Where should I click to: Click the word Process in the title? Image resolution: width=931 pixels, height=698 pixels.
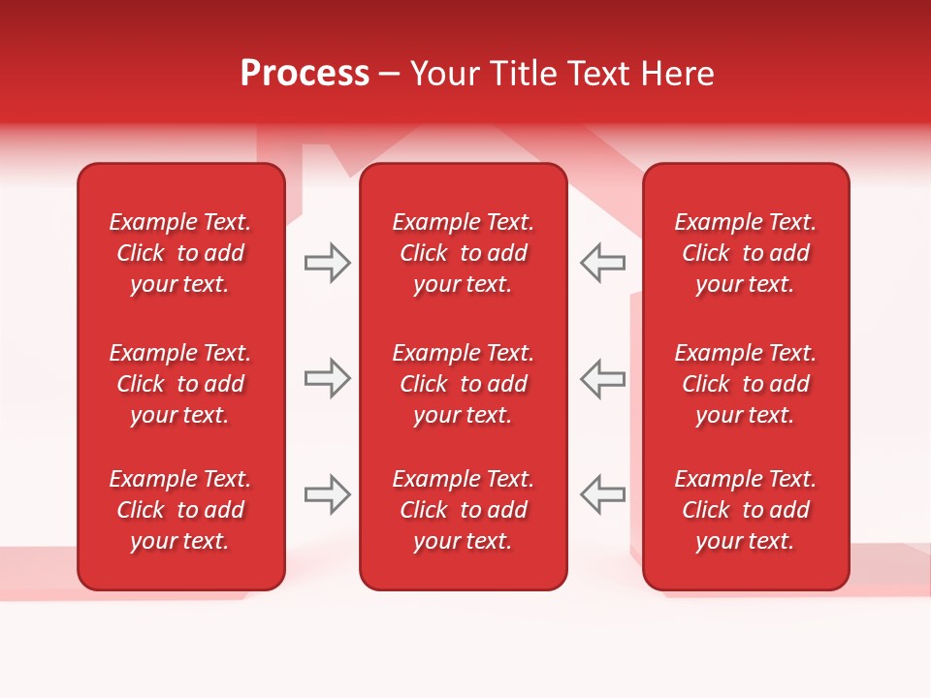305,74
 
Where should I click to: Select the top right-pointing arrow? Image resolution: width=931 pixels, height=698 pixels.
327,263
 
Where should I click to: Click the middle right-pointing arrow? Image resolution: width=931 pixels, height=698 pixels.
327,378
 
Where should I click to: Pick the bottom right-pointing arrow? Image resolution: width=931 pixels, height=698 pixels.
327,494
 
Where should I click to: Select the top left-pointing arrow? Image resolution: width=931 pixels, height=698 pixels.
602,263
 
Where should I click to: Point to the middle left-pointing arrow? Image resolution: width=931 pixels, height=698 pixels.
602,378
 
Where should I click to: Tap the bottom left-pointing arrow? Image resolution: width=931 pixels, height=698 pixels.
602,494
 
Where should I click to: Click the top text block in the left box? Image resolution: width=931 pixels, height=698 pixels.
180,253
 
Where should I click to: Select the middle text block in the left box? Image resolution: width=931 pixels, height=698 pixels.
180,384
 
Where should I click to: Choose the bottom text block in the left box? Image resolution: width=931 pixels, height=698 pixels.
180,510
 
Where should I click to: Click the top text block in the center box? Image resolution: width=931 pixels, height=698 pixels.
464,253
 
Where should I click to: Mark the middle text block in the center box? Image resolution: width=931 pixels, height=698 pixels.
464,384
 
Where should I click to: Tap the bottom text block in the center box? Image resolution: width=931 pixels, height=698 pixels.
464,510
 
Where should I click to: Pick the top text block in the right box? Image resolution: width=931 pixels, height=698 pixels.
746,253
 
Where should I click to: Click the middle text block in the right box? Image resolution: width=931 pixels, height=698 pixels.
746,384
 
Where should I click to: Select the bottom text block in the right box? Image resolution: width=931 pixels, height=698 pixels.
746,510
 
